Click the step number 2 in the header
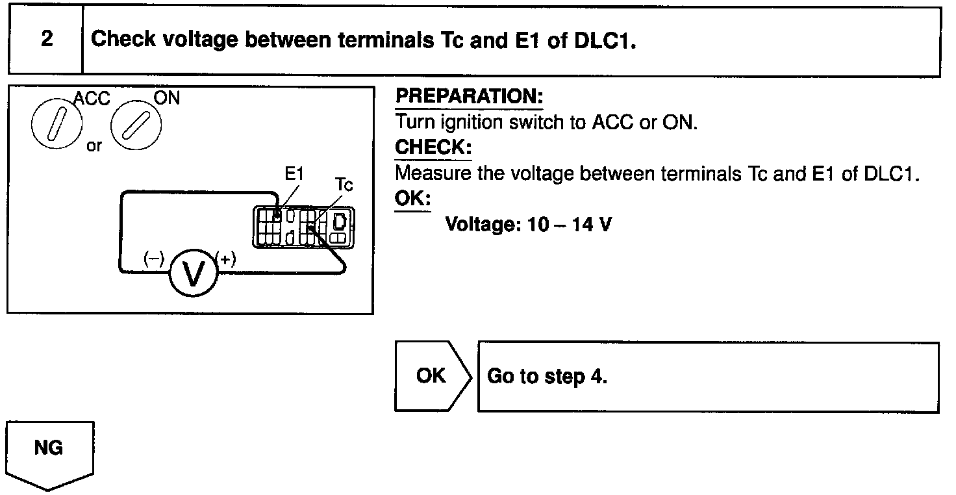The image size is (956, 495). click(47, 39)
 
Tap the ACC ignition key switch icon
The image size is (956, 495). click(55, 124)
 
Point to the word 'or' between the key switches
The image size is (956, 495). click(95, 146)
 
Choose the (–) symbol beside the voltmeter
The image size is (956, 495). click(154, 259)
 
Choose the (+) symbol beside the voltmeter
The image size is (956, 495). click(226, 259)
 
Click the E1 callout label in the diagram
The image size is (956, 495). click(294, 174)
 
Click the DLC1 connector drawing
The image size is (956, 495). click(304, 227)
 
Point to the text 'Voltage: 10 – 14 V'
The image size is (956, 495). click(527, 225)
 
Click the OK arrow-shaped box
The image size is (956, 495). click(432, 376)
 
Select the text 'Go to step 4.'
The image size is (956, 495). click(547, 377)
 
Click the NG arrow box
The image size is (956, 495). click(49, 452)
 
